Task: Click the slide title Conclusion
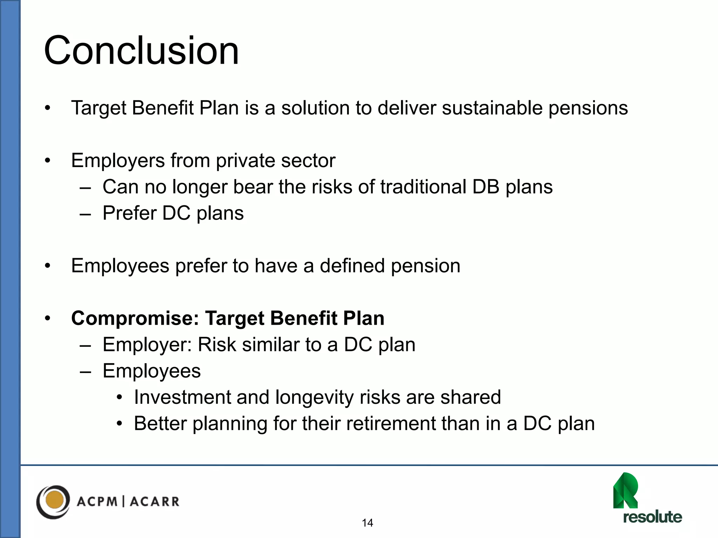click(x=141, y=51)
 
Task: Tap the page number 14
click(x=367, y=523)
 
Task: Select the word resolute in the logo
click(x=652, y=517)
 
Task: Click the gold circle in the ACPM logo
click(x=55, y=500)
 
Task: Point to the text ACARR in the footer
click(x=155, y=502)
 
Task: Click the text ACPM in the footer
click(x=97, y=502)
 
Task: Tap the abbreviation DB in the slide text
click(x=486, y=187)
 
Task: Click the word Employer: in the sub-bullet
click(x=147, y=345)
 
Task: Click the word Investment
click(x=182, y=398)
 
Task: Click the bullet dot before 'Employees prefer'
click(x=48, y=266)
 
